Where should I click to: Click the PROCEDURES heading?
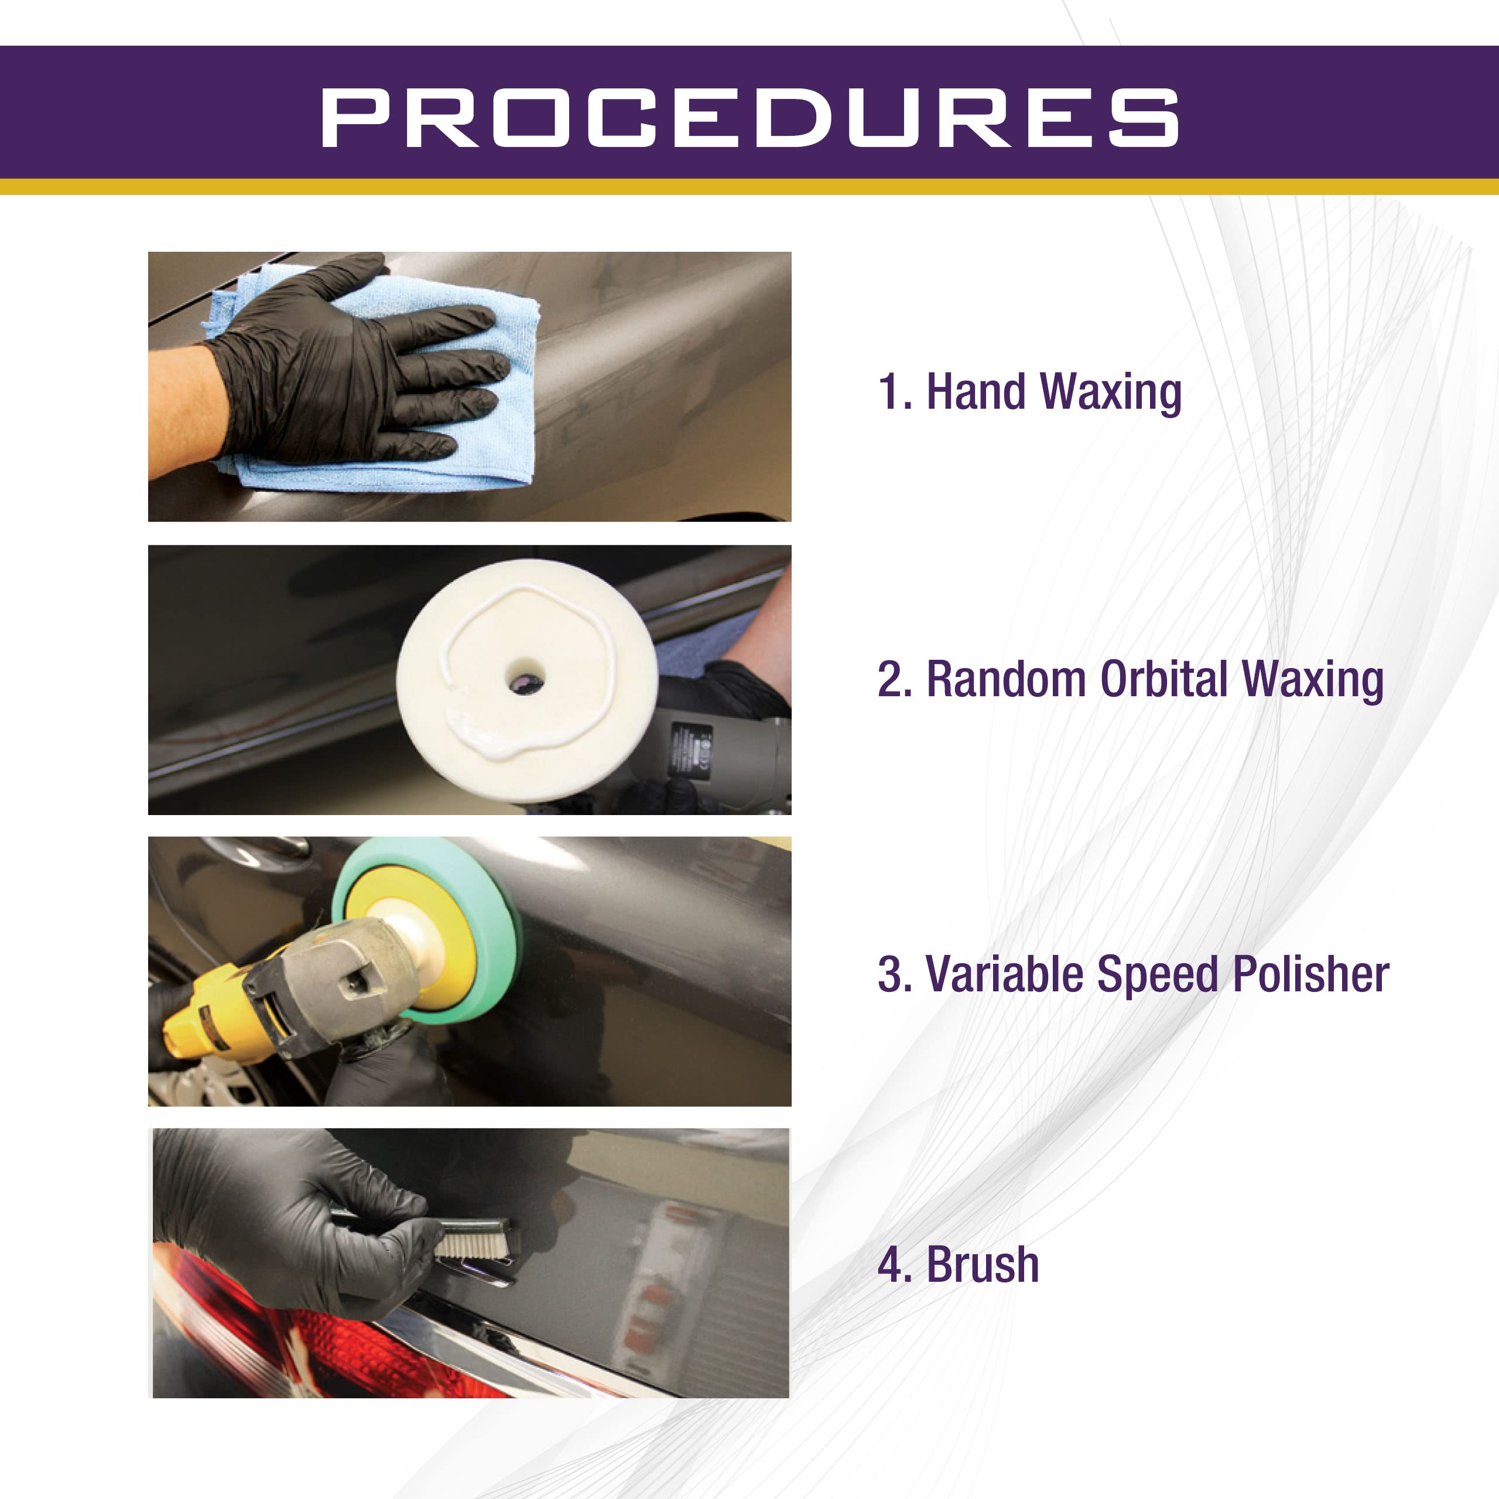749,117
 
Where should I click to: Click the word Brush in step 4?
983,1265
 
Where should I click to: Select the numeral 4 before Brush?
889,1265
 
